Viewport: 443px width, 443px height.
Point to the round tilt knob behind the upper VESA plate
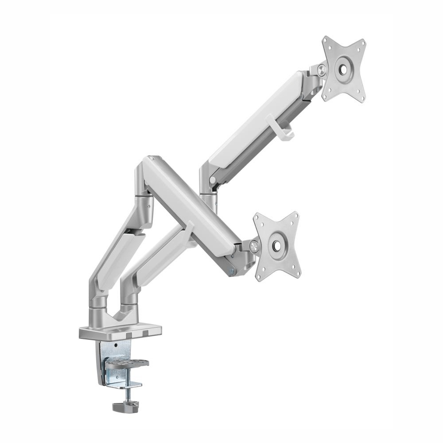(x=321, y=69)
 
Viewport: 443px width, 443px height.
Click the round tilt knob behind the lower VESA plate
(x=253, y=246)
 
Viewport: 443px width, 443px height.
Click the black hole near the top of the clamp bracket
(x=116, y=344)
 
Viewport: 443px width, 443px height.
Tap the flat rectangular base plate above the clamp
(x=120, y=332)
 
